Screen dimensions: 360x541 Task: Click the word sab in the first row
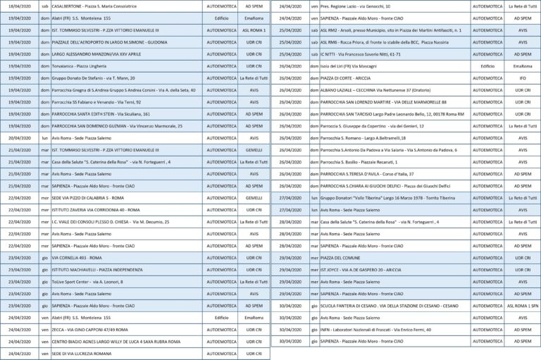pos(46,6)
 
